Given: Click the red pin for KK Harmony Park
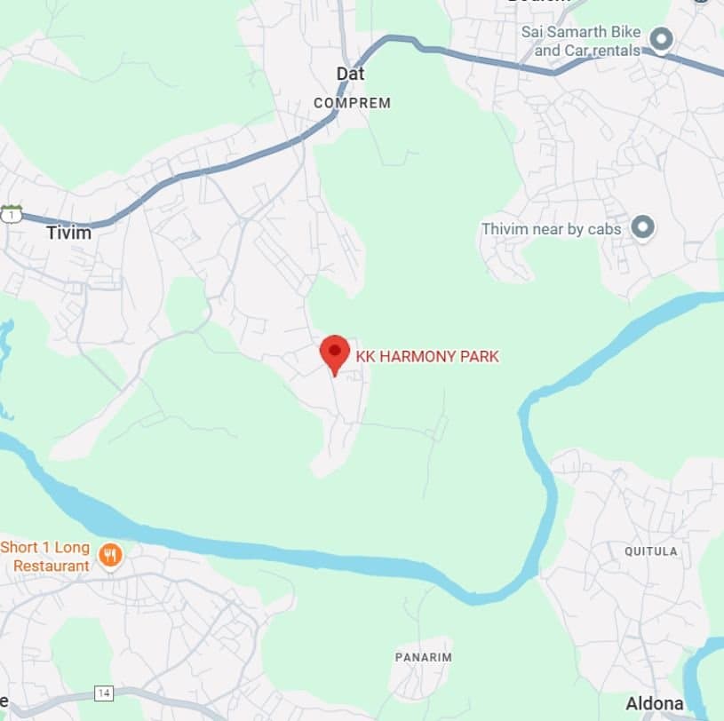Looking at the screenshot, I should [334, 352].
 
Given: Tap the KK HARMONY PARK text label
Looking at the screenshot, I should [427, 357].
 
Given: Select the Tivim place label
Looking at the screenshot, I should [68, 233].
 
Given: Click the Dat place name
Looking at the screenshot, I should [350, 74].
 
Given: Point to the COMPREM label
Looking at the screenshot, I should [352, 103].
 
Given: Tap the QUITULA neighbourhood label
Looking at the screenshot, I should [650, 551].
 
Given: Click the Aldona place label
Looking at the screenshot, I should [655, 703].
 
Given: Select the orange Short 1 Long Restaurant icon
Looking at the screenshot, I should [110, 556].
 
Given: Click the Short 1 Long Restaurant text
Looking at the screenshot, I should [46, 556].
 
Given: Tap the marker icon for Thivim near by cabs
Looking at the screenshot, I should [642, 228].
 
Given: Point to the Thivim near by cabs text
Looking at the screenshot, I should [551, 229].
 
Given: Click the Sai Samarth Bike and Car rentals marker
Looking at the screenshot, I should [661, 40].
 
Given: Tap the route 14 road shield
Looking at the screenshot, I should [104, 693].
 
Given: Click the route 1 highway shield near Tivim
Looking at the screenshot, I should [10, 214].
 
